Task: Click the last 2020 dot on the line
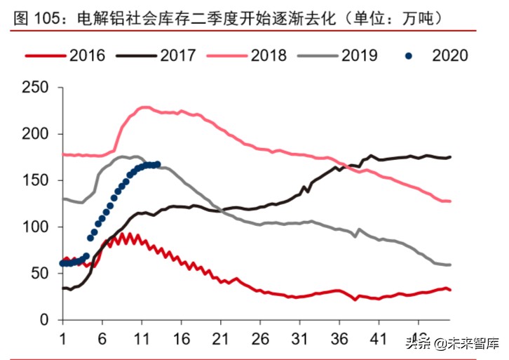click(157, 164)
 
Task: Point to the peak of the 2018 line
click(144, 107)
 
